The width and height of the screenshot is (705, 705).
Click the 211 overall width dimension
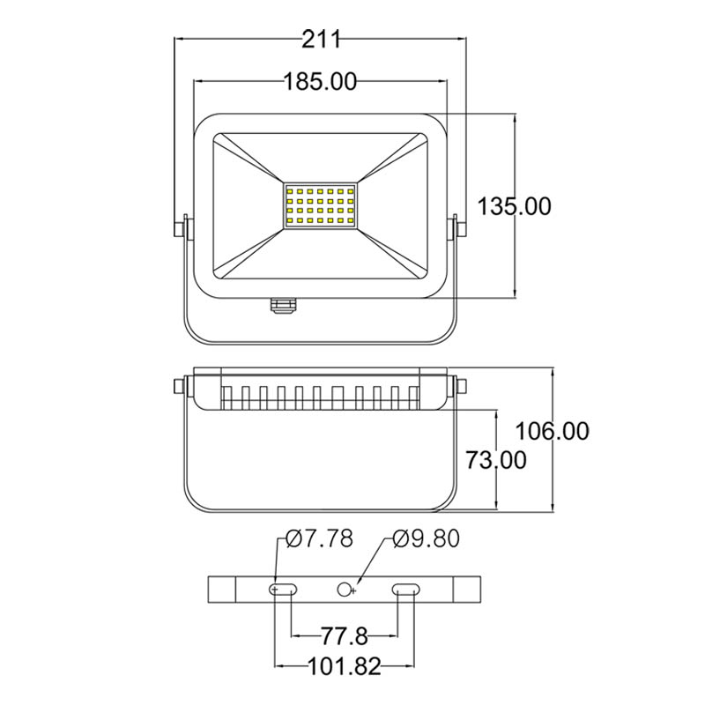321,39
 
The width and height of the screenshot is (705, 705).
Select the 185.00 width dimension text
320,83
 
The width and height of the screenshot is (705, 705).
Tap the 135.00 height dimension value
515,206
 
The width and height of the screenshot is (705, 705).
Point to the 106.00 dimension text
553,431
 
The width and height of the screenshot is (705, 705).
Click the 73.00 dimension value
495,459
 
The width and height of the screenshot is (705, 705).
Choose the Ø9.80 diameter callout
426,538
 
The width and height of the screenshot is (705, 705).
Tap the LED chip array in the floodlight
321,207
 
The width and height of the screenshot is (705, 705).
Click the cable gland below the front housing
284,304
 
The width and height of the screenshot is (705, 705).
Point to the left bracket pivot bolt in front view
182,226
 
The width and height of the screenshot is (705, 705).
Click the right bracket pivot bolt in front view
459,226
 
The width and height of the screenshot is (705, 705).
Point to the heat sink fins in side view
321,397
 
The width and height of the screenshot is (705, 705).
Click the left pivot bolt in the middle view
182,386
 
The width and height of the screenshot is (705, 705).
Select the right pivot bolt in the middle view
460,386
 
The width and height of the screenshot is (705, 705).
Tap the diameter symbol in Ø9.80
399,538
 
